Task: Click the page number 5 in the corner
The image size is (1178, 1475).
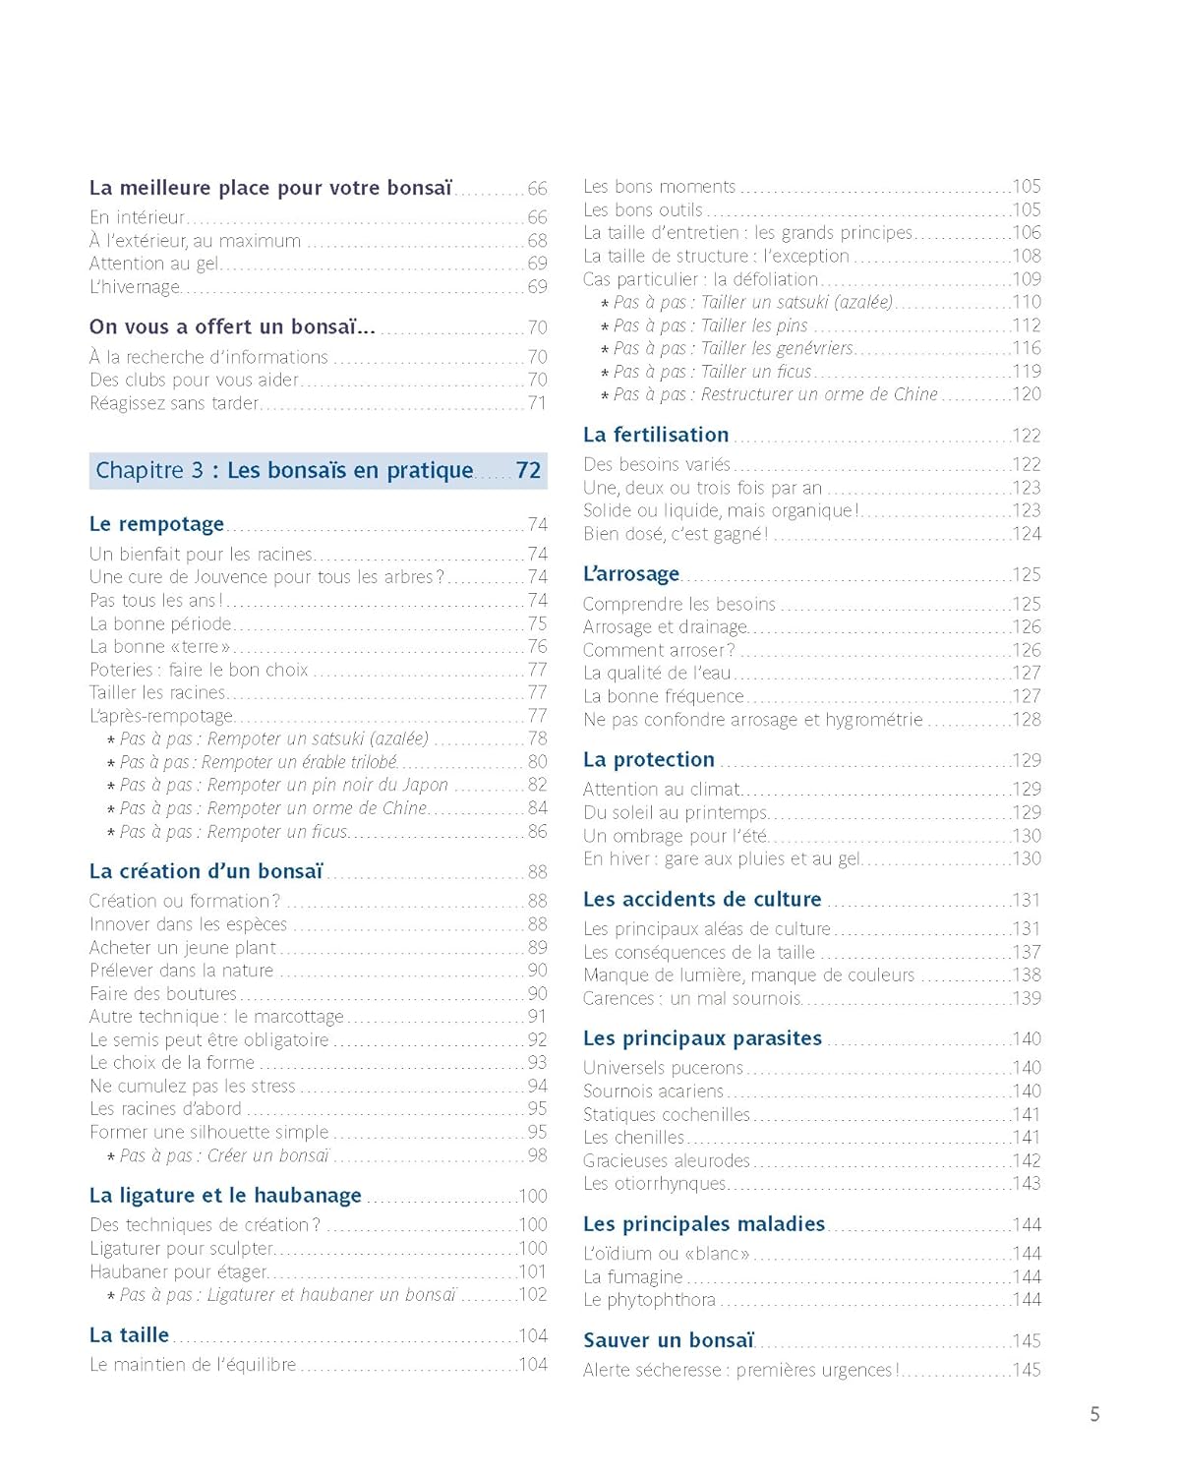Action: pos(1094,1414)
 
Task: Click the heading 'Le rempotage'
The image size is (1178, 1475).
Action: pos(156,524)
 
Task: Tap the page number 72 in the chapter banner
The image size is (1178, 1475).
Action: pos(528,471)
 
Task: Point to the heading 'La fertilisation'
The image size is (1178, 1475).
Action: pos(656,435)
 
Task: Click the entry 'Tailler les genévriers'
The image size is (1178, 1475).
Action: pos(777,348)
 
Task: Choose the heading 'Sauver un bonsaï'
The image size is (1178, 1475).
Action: pos(669,1340)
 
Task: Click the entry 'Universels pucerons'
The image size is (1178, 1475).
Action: pos(663,1068)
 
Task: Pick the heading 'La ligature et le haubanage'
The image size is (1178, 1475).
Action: pos(225,1196)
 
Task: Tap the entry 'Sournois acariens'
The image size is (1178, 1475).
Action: pos(653,1091)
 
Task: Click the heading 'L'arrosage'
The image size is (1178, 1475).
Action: pos(631,574)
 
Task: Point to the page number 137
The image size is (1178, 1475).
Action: pos(1027,952)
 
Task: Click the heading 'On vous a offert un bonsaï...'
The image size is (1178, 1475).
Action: pos(231,327)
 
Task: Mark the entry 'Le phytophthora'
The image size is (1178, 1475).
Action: pos(649,1300)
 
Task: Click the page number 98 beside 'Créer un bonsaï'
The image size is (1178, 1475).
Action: pos(537,1155)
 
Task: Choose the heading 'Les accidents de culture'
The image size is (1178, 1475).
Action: pos(702,899)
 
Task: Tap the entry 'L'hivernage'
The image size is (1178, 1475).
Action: pos(135,287)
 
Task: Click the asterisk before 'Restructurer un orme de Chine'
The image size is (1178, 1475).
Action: pos(605,396)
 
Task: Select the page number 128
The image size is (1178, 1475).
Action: pos(1027,720)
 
